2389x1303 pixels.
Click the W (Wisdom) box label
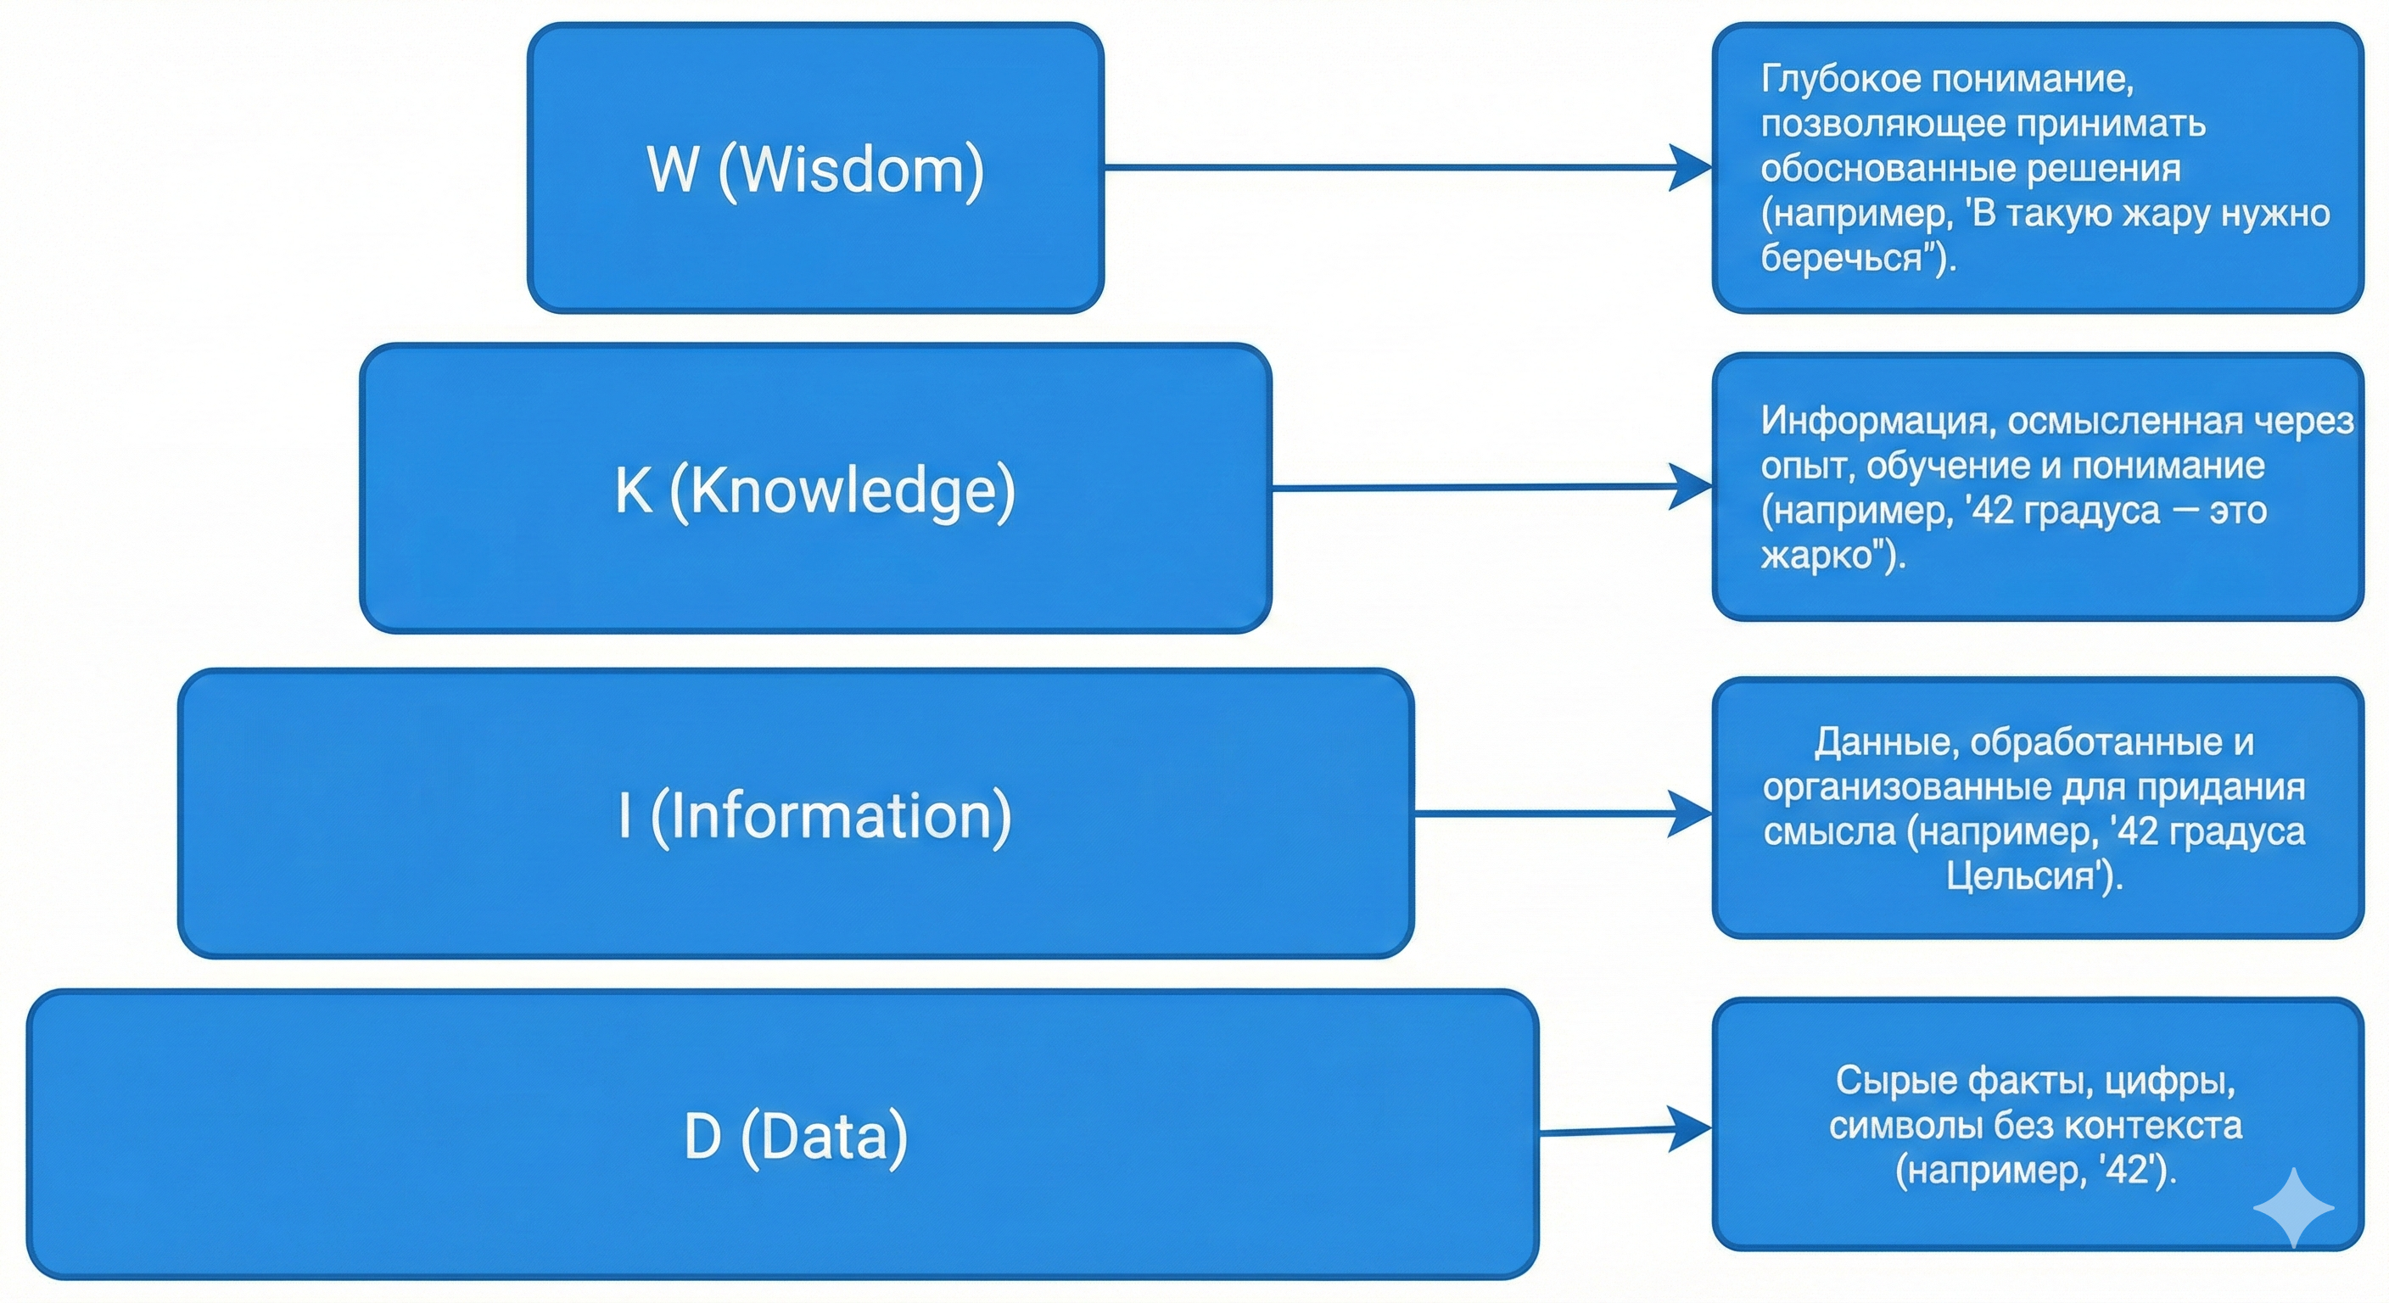[815, 170]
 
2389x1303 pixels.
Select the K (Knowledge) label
[815, 489]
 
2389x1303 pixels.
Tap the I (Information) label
[815, 815]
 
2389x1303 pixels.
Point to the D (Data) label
[796, 1136]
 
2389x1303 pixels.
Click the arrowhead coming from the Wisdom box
[1690, 168]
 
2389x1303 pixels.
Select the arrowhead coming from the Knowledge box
[1690, 487]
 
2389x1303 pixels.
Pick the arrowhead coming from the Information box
[1690, 814]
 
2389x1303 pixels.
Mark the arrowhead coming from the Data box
[1690, 1128]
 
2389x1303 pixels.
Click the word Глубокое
[1841, 80]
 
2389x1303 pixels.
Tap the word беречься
[1842, 258]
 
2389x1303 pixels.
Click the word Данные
[1887, 742]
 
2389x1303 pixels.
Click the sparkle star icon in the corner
[2293, 1207]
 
